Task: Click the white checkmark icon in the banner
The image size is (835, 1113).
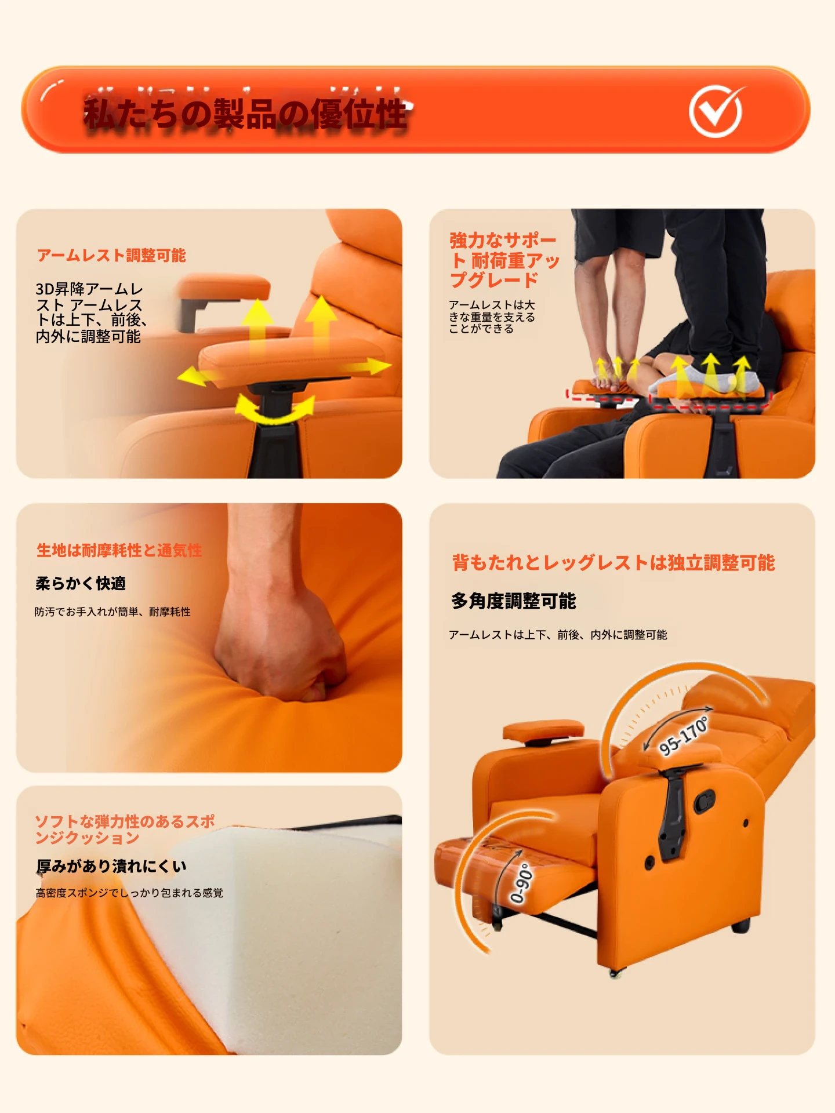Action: pyautogui.click(x=716, y=111)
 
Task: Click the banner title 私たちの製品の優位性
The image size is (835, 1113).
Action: pyautogui.click(x=246, y=113)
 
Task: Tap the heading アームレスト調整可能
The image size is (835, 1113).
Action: pyautogui.click(x=111, y=255)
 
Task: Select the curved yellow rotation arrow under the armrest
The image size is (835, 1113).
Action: pyautogui.click(x=275, y=409)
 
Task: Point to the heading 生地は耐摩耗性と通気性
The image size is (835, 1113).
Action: pyautogui.click(x=119, y=550)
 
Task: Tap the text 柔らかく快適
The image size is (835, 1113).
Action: pyautogui.click(x=81, y=583)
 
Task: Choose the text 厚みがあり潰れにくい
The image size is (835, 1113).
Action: pyautogui.click(x=111, y=866)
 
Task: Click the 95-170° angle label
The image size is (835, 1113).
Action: pyautogui.click(x=684, y=735)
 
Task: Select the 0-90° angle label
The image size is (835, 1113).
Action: pyautogui.click(x=521, y=883)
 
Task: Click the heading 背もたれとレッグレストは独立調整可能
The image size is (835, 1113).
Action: pyautogui.click(x=613, y=562)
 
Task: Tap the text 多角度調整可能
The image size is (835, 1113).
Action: pyautogui.click(x=514, y=601)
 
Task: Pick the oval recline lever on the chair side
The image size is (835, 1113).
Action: pyautogui.click(x=705, y=801)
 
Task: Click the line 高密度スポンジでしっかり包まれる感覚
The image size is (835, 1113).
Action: pyautogui.click(x=129, y=893)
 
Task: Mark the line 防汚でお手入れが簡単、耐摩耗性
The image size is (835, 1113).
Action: pyautogui.click(x=112, y=612)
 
